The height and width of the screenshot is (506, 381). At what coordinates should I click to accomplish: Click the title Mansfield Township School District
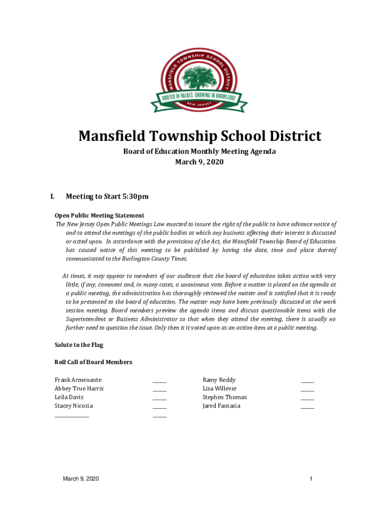[x=199, y=136]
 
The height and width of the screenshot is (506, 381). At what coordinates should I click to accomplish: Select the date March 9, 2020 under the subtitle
[x=199, y=162]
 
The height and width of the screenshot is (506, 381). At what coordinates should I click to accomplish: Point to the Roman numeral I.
[x=52, y=197]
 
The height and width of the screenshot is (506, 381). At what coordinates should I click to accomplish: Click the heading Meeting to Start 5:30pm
[x=107, y=197]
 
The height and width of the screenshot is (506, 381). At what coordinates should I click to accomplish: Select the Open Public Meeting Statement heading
[x=99, y=215]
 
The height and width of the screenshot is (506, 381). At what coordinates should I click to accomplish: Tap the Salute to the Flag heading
[x=79, y=345]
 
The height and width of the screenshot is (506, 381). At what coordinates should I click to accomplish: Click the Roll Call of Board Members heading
[x=93, y=362]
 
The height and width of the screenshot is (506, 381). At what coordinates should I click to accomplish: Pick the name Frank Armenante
[x=78, y=380]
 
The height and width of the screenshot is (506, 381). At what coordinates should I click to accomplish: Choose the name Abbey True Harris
[x=79, y=388]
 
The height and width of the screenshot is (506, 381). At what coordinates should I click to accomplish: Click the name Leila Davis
[x=69, y=397]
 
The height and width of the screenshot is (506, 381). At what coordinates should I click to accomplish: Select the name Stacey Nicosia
[x=73, y=406]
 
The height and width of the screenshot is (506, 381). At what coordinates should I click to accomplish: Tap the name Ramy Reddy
[x=219, y=380]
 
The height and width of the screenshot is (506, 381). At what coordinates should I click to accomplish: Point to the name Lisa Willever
[x=220, y=388]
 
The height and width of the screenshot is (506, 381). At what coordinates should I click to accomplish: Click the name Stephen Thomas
[x=224, y=397]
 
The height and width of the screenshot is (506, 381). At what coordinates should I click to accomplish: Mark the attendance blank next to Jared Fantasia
[x=307, y=408]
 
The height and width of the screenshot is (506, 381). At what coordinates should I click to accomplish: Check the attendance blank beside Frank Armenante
[x=159, y=382]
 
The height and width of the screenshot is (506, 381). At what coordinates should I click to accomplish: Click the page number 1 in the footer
[x=311, y=479]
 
